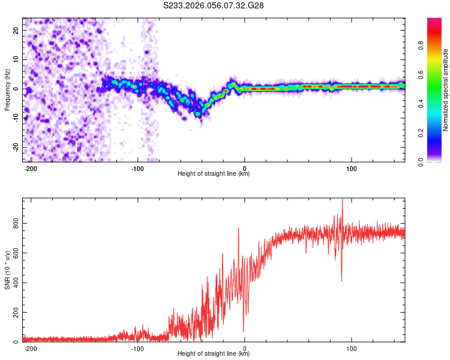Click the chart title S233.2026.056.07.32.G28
pyautogui.click(x=214, y=5)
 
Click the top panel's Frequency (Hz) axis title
pyautogui.click(x=8, y=90)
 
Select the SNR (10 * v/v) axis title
pyautogui.click(x=8, y=270)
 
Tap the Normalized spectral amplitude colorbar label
pyautogui.click(x=446, y=90)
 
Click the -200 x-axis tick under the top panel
pyautogui.click(x=30, y=167)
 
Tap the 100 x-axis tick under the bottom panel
pyautogui.click(x=352, y=347)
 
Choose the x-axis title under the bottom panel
pyautogui.click(x=214, y=354)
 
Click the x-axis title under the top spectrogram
pyautogui.click(x=214, y=174)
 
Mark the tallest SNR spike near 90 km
pyautogui.click(x=342, y=200)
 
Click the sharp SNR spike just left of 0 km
pyautogui.click(x=239, y=229)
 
